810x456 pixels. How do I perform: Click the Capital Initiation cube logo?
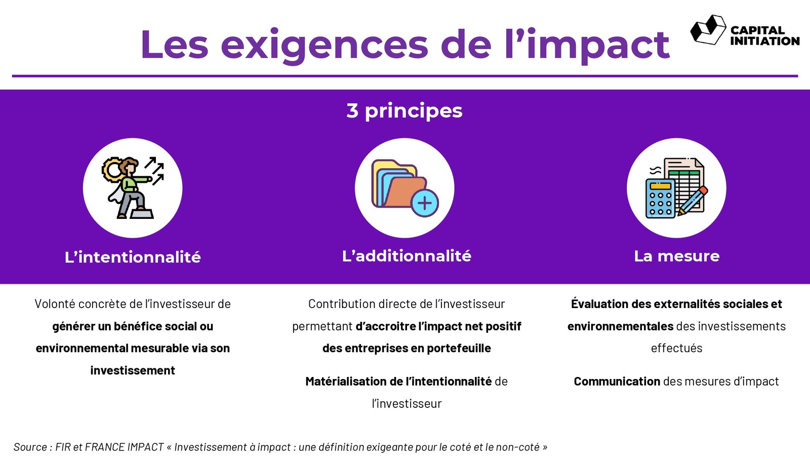(708, 30)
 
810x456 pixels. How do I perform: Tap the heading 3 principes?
(404, 111)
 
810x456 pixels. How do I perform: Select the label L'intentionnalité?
(133, 257)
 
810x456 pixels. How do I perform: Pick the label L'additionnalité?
(407, 256)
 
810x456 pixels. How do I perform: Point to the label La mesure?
(676, 256)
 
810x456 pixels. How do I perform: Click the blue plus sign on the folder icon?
(425, 203)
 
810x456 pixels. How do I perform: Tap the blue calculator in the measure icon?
(660, 199)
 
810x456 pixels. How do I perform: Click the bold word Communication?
(617, 381)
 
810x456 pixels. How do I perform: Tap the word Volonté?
(55, 303)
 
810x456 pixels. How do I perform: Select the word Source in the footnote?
(30, 447)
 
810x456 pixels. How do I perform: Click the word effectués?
(676, 348)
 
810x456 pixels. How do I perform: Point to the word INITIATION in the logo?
(765, 41)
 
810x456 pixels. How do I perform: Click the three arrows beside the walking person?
(154, 171)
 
